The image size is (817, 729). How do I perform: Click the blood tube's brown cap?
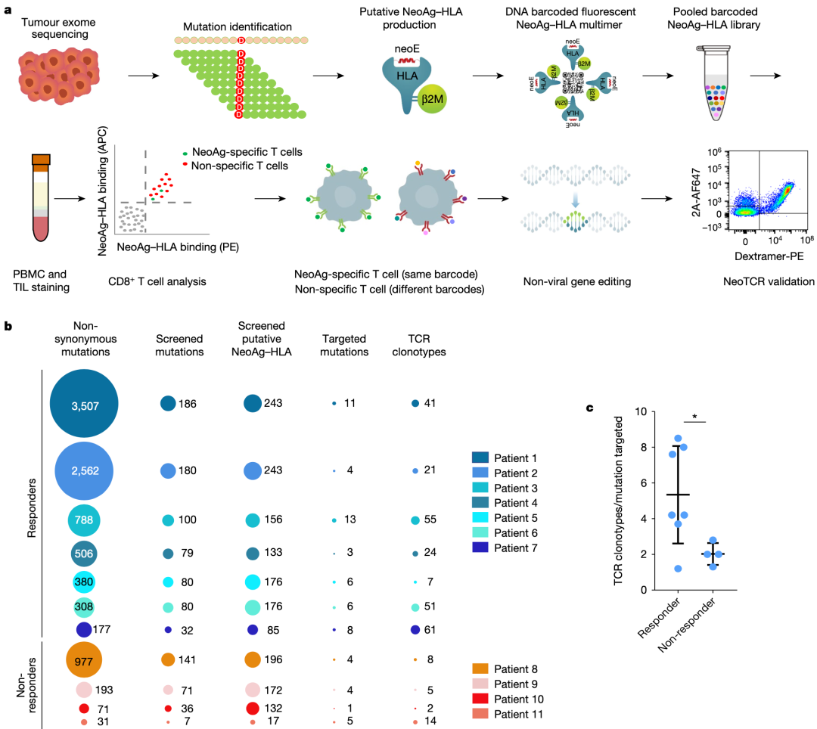point(42,160)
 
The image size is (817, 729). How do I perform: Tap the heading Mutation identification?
point(239,26)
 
